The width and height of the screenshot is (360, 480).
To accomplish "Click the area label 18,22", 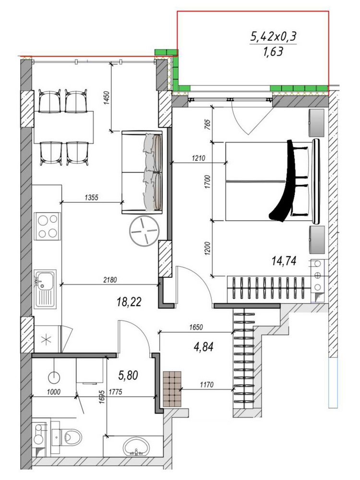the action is point(129,302).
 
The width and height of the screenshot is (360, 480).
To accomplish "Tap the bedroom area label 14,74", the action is point(284,261).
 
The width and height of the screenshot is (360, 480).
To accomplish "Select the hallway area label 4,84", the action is point(204,347).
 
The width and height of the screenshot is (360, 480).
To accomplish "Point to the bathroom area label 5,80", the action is point(128,375).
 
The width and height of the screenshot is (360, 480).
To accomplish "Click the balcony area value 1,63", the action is point(273,52).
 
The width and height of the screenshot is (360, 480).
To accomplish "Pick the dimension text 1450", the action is point(107,97).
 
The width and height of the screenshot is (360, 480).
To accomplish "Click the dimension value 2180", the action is point(110,279).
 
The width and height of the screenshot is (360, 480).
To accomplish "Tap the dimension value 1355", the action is point(91,197).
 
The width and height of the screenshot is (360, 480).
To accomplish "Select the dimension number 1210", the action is point(198,158).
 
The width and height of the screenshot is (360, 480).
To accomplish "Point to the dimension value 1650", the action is point(196,327).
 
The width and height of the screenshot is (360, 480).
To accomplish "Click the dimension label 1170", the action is point(206,384).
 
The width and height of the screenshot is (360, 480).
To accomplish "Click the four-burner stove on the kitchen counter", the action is point(48,226).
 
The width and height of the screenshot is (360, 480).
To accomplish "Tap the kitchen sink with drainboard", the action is point(45,289).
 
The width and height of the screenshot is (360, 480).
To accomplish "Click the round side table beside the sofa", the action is point(144,231).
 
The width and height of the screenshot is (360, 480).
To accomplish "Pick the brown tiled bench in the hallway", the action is point(172,389).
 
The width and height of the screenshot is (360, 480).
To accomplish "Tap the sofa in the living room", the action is point(143,172).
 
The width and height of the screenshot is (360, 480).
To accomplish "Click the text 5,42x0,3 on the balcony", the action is point(274,37).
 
